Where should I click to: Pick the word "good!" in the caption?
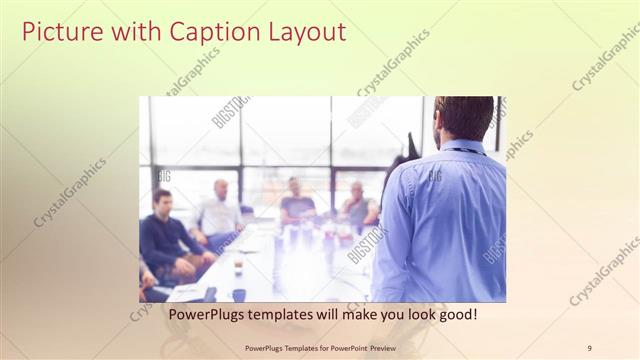point(456,314)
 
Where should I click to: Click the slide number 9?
point(589,348)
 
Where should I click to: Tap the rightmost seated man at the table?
point(358,205)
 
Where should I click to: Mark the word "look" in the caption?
point(413,314)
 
